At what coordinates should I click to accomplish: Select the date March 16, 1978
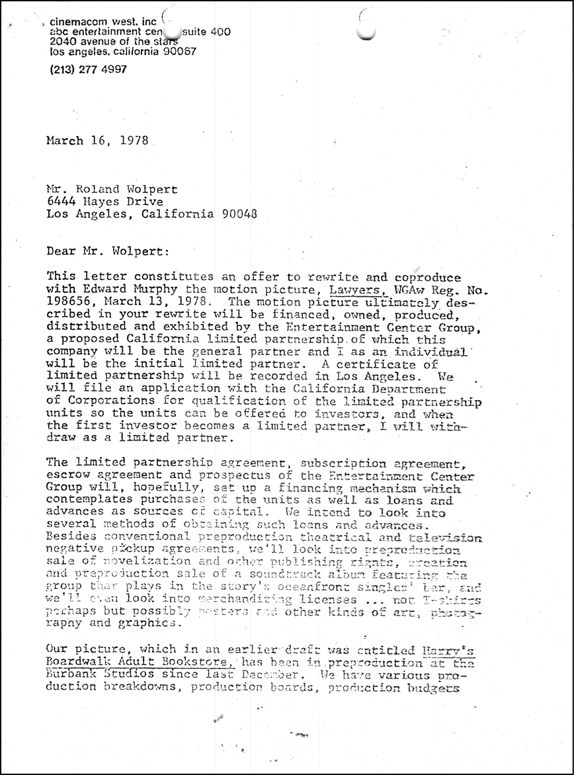[97, 140]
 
